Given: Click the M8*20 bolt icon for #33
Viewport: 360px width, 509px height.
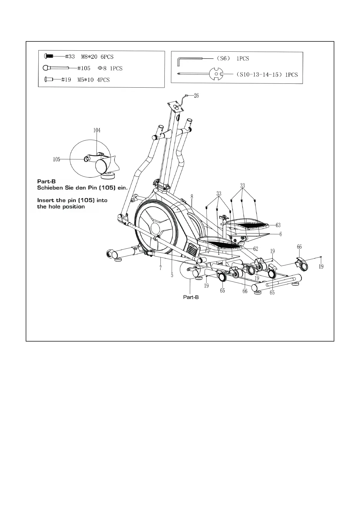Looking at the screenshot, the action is tap(49, 56).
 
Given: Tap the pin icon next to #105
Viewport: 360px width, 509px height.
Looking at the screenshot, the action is tap(56, 68).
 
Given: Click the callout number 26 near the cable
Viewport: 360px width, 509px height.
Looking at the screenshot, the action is tap(196, 96).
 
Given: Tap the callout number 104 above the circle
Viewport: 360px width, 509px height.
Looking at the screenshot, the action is tap(97, 130).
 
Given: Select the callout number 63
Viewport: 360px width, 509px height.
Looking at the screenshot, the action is tap(278, 225).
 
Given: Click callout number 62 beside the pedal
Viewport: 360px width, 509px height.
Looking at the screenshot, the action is tap(255, 249).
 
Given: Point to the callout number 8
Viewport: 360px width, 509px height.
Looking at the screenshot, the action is tap(192, 196).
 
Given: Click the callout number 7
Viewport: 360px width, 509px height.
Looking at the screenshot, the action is tap(160, 268).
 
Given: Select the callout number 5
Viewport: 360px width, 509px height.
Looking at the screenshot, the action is tap(172, 275).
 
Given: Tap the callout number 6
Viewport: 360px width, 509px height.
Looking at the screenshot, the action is tap(281, 234).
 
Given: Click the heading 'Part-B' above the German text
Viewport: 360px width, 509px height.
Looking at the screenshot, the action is tap(46, 182).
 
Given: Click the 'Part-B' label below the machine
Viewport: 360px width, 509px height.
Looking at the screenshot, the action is tap(191, 297).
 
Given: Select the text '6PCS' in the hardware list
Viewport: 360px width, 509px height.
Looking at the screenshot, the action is tap(107, 57).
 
